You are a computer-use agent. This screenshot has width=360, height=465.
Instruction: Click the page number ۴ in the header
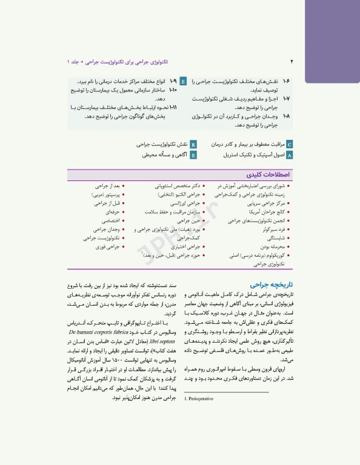292,62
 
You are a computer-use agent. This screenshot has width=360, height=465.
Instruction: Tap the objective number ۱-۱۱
173,107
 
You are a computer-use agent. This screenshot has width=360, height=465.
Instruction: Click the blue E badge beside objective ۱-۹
184,81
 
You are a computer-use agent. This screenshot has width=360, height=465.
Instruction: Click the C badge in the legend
289,145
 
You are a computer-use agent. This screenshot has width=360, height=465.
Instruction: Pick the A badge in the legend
289,155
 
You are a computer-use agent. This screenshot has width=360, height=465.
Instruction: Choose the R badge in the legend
193,145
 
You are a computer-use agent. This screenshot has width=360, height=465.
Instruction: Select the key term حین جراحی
189,222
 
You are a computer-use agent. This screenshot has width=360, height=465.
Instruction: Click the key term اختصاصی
110,222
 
